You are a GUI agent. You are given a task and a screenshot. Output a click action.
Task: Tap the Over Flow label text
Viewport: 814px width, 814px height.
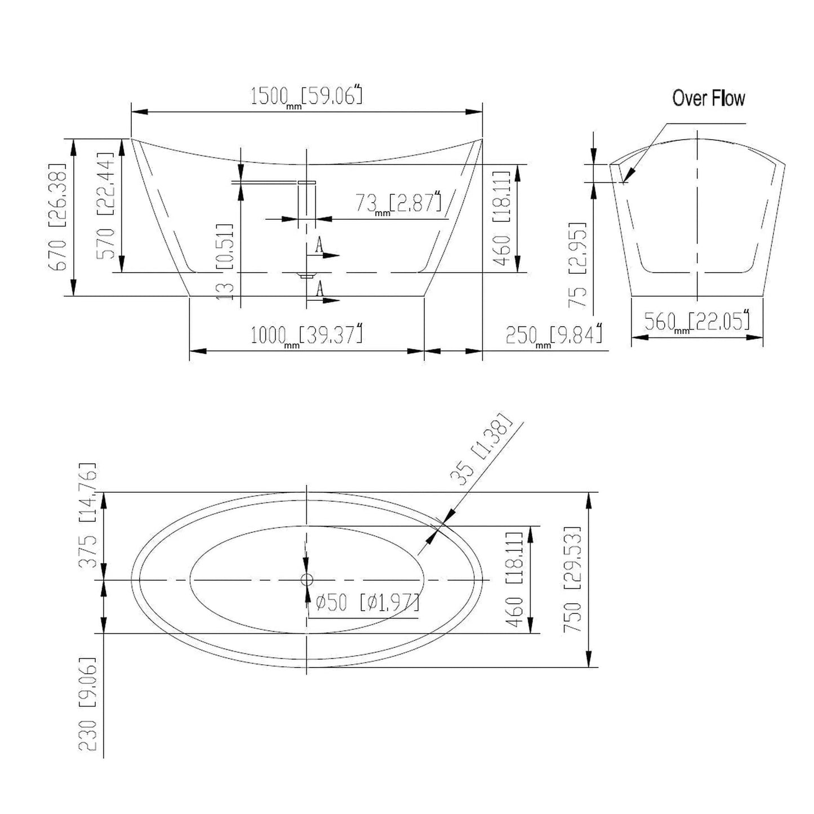point(708,98)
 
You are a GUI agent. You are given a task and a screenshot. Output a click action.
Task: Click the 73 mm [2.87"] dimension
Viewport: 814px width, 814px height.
point(398,203)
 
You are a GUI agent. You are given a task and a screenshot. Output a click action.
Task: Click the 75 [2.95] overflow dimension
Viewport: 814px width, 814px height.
point(578,264)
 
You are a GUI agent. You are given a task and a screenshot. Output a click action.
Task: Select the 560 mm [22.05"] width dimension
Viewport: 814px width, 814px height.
point(697,322)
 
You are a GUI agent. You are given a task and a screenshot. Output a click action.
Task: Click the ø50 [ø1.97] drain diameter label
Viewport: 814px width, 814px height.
point(367,603)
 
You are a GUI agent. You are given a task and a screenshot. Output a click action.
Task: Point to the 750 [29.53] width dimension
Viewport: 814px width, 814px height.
point(572,579)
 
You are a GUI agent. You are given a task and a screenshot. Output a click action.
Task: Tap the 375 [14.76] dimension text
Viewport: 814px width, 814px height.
point(87,515)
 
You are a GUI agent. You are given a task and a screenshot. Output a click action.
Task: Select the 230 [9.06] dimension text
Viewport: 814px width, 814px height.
point(87,704)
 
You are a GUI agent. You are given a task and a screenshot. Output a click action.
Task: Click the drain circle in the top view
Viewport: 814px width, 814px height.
point(306,579)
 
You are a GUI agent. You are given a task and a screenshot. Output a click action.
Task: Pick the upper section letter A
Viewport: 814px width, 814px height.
point(319,244)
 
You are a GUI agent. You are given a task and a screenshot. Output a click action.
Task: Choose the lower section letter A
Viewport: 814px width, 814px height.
point(319,288)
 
